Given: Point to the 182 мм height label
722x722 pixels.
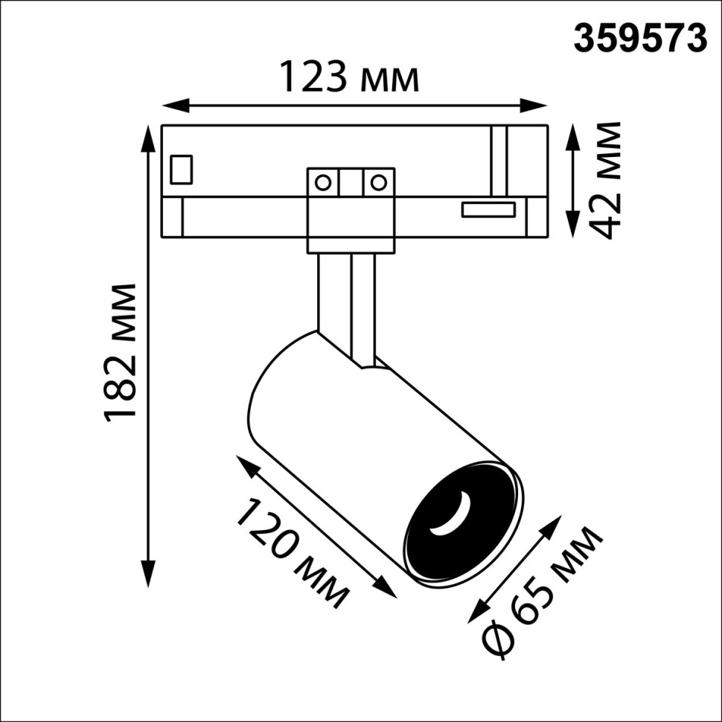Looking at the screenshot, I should click(x=121, y=351).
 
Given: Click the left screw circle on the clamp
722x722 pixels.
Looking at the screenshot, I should click(x=323, y=182).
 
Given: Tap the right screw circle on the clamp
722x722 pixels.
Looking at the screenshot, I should click(x=378, y=182).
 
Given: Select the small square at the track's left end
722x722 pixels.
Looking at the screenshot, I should click(x=182, y=169).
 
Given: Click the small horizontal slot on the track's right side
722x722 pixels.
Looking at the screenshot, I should click(x=488, y=210).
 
